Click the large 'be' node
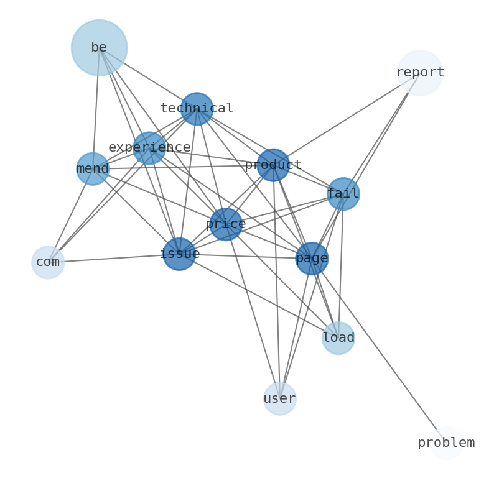(x=100, y=48)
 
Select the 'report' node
(x=420, y=73)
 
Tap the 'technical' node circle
(x=197, y=109)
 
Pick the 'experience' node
(x=149, y=148)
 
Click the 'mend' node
(x=93, y=169)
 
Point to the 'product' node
(x=273, y=165)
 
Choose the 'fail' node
(x=343, y=194)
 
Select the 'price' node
(x=226, y=224)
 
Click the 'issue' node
(x=179, y=254)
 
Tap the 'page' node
(x=312, y=259)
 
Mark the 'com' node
(x=48, y=262)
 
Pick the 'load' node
(x=338, y=338)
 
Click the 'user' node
(x=280, y=399)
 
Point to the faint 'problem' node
(x=446, y=443)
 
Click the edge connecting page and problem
(x=379, y=351)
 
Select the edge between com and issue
(x=114, y=258)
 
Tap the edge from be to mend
(x=96, y=109)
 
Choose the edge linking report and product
(x=347, y=119)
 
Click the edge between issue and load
(x=259, y=296)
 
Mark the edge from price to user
(x=253, y=311)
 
